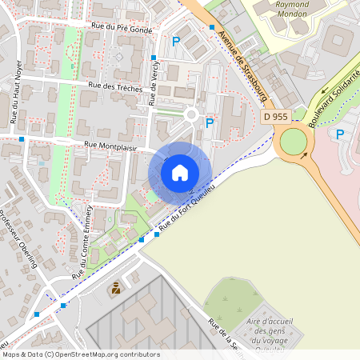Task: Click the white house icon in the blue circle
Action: [x=180, y=172]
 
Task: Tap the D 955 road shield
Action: [x=275, y=117]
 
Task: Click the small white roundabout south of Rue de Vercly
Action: [x=190, y=115]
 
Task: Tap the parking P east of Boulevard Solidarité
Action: [x=341, y=134]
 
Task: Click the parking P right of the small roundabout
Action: [x=210, y=123]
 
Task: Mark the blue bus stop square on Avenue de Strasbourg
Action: [x=212, y=28]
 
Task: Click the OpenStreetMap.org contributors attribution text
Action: [x=104, y=354]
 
